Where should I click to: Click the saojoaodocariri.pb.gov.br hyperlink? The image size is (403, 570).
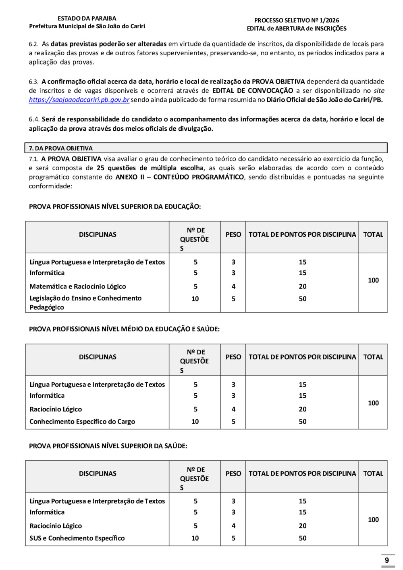click(79, 100)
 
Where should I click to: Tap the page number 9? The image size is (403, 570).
click(387, 560)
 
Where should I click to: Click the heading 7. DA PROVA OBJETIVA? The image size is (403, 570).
click(61, 148)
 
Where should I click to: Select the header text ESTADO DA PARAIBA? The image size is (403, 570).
click(87, 19)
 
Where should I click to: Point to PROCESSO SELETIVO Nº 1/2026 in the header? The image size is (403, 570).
click(297, 20)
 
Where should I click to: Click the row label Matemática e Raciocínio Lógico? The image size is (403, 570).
click(78, 286)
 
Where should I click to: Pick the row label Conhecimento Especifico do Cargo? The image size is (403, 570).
click(82, 422)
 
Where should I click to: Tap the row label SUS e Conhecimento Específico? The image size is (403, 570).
click(77, 538)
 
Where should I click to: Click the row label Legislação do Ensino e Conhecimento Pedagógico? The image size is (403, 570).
click(85, 303)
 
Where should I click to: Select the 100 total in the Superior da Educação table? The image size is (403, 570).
click(373, 280)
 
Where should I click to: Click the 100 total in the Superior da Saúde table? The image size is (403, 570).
click(373, 520)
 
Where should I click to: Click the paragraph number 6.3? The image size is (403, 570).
click(33, 81)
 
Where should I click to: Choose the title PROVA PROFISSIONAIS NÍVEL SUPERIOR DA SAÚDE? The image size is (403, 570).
click(108, 446)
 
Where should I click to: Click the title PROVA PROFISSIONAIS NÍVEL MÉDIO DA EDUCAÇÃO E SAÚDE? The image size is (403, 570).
click(124, 329)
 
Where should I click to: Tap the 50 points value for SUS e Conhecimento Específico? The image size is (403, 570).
click(303, 538)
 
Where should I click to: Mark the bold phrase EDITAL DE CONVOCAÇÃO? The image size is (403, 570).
click(253, 90)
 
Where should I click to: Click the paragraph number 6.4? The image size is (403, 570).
click(34, 119)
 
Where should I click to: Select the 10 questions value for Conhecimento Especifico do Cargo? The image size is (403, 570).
click(195, 422)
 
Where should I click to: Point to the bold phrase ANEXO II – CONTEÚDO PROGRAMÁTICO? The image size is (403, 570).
click(180, 177)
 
